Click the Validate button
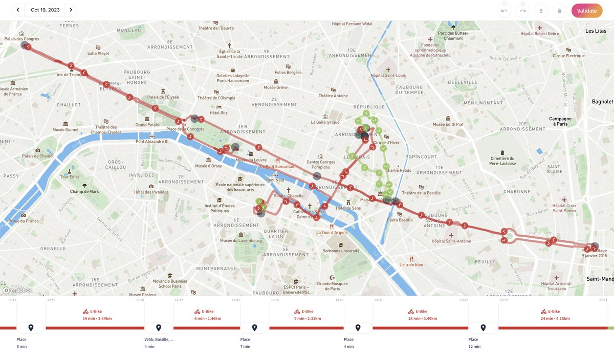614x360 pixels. (x=587, y=10)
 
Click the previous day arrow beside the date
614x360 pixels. (x=18, y=10)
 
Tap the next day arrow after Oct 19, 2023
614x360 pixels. (x=71, y=10)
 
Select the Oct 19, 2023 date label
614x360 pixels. (x=45, y=10)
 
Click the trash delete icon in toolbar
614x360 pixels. (x=559, y=10)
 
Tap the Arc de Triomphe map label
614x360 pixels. (x=70, y=75)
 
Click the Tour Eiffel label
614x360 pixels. (x=69, y=177)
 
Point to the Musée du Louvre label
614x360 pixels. (x=251, y=160)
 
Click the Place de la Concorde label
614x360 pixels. (x=185, y=129)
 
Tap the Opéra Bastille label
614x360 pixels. (x=400, y=220)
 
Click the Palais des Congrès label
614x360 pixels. (x=21, y=39)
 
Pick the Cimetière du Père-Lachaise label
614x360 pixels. (x=502, y=161)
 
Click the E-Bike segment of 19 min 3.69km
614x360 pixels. (x=97, y=314)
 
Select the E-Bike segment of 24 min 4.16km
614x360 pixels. (x=553, y=314)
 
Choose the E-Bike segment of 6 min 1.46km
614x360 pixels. (x=207, y=314)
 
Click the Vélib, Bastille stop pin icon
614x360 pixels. (x=159, y=328)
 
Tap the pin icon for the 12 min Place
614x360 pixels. (x=484, y=328)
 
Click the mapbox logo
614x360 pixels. (x=18, y=290)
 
